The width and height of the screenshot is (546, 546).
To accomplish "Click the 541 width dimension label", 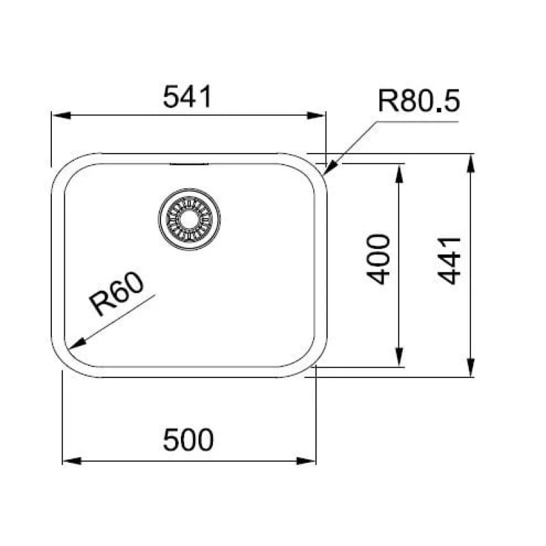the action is coord(187,97).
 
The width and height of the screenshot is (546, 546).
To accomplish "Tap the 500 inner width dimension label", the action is coord(188,440).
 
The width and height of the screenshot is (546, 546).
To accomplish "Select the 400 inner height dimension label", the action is coord(378,259).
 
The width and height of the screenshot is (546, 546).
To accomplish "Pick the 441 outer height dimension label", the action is coord(449,261).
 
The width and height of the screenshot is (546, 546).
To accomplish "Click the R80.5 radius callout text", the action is coord(419,101).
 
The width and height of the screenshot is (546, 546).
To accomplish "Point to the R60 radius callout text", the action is coord(115,294).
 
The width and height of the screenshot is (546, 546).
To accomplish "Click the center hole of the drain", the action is coord(189,219).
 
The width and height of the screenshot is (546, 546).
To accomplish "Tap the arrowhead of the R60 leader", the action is coord(76,343).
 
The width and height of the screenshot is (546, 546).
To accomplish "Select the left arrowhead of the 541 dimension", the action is coord(61,115).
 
